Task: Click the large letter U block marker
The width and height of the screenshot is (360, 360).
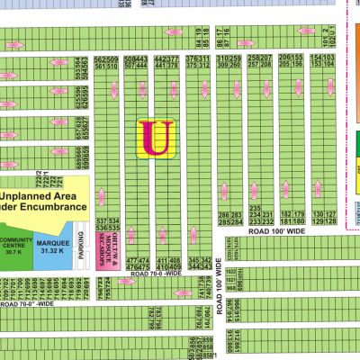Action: pyautogui.click(x=155, y=139)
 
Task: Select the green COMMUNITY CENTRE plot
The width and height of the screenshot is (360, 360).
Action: pyautogui.click(x=15, y=248)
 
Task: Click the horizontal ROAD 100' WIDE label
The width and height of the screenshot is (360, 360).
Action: pyautogui.click(x=279, y=231)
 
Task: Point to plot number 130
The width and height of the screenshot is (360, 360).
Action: pyautogui.click(x=318, y=215)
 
